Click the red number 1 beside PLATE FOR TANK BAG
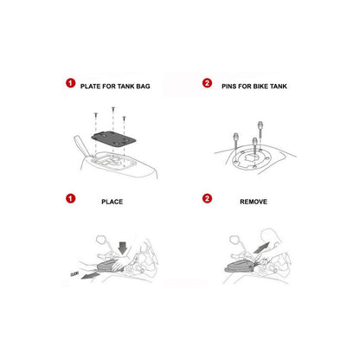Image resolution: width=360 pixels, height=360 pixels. pyautogui.click(x=70, y=83)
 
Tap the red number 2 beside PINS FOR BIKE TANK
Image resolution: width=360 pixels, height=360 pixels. pyautogui.click(x=207, y=83)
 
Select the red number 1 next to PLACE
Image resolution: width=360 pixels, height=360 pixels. pyautogui.click(x=70, y=198)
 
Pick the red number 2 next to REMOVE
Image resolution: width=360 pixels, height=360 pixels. pyautogui.click(x=207, y=198)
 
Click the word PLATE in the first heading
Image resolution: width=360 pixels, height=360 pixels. pyautogui.click(x=90, y=87)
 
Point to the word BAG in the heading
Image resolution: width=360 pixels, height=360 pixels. pyautogui.click(x=143, y=87)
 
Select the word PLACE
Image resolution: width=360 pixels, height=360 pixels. pyautogui.click(x=112, y=202)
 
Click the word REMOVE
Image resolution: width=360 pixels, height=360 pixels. pyautogui.click(x=254, y=202)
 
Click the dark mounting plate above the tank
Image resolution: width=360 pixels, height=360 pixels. pyautogui.click(x=113, y=139)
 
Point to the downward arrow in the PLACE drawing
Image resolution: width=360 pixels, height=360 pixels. pyautogui.click(x=123, y=248)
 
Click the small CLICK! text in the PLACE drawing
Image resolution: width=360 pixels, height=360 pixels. pyautogui.click(x=74, y=273)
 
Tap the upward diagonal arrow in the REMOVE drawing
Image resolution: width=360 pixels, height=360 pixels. pyautogui.click(x=261, y=247)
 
